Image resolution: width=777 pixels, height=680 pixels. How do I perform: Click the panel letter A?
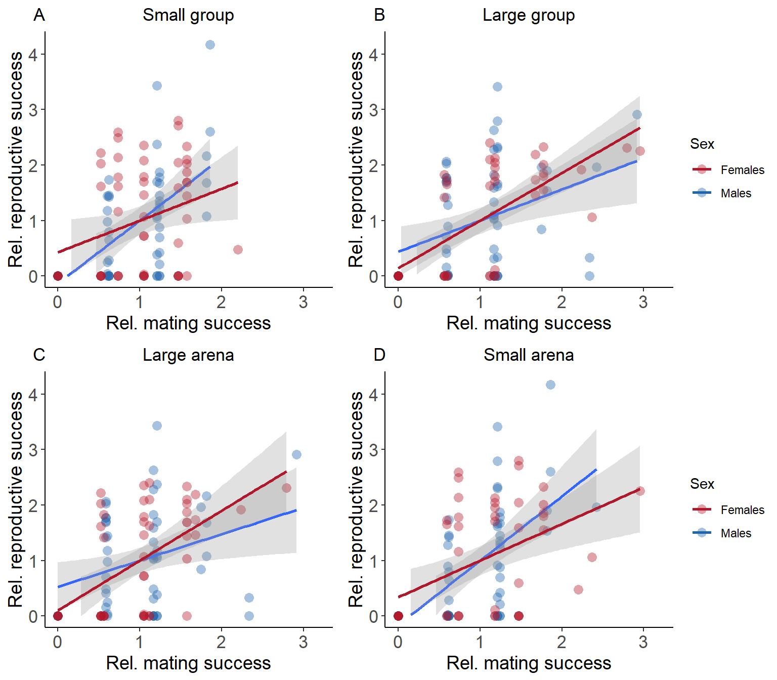point(39,15)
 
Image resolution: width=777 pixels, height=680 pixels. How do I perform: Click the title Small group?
point(188,15)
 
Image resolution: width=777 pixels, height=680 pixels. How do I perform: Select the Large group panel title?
point(529,15)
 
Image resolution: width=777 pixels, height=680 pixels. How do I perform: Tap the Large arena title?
point(188,355)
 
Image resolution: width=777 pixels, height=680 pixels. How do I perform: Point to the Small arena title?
point(529,355)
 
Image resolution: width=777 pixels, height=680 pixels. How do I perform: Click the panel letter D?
point(379,355)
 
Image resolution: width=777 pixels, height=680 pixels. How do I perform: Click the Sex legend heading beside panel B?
point(702,144)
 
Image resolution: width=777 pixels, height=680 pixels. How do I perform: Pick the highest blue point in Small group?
point(210,45)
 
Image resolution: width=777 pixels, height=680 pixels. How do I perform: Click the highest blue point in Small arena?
point(550,385)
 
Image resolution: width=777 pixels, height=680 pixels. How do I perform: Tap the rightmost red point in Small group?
point(238,249)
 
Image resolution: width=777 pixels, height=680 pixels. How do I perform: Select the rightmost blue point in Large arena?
point(296,454)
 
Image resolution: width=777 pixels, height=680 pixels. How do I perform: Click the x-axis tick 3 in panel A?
point(303,302)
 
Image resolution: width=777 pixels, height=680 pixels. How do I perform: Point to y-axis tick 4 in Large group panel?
point(373,55)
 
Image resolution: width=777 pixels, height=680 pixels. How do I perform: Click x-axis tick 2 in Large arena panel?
point(221,642)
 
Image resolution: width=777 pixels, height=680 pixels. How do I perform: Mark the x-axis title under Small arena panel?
point(529,663)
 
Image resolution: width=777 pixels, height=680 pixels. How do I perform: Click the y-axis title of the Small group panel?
point(16,159)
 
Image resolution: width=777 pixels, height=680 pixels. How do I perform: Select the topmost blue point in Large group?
point(497,87)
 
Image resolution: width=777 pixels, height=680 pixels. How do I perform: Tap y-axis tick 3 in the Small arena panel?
point(373,450)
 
